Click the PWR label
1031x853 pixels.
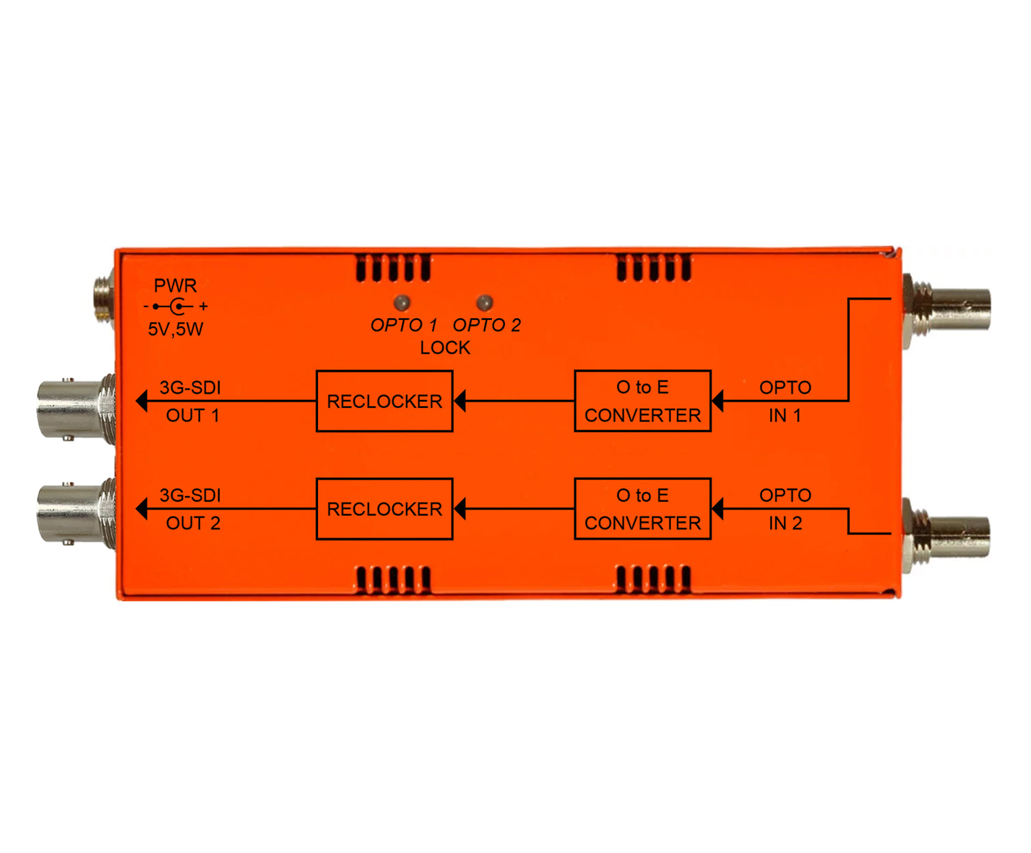coord(175,285)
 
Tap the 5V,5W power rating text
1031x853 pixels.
coord(175,329)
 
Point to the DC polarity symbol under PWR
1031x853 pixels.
coord(176,306)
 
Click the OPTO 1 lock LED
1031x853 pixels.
coord(402,302)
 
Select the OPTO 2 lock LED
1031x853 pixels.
coord(484,302)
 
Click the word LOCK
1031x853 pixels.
coord(445,348)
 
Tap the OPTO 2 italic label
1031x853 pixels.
coord(487,325)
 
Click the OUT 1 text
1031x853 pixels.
coord(192,416)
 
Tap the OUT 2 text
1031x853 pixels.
coord(193,523)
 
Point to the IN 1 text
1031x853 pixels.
coord(785,416)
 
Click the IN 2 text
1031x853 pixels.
coord(785,523)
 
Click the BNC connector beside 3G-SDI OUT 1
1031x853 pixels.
coord(76,409)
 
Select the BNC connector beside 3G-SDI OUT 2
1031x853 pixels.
coord(76,514)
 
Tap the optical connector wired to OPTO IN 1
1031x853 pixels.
coord(946,310)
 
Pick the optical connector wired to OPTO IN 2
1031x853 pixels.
coord(946,536)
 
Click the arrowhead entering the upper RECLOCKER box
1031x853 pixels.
coord(460,401)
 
